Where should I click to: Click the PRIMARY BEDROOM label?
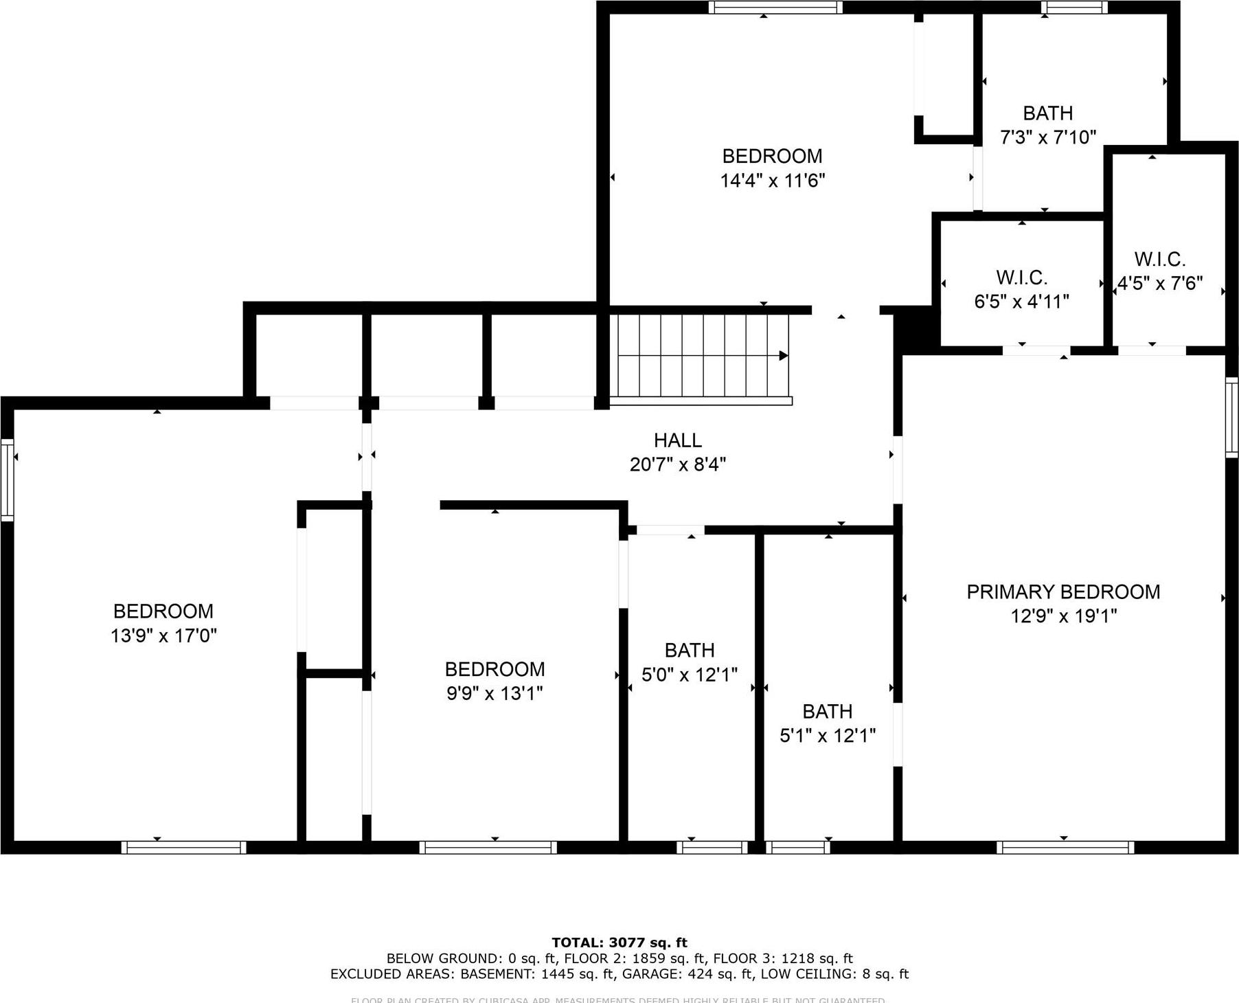coord(1062,591)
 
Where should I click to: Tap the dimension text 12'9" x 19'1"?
coord(1062,616)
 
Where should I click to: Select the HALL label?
coord(677,440)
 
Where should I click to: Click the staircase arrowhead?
coord(783,356)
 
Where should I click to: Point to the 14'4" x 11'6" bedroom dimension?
coord(772,181)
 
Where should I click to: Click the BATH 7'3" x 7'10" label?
coord(1047,113)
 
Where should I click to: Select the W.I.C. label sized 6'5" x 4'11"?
coord(1021,278)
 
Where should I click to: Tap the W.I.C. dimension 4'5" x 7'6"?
coord(1159,283)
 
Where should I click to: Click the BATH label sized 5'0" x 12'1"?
coord(690,650)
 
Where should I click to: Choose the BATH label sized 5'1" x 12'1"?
coord(827,711)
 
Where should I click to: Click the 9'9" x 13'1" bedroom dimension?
coord(495,693)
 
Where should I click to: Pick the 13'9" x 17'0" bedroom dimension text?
coord(163,635)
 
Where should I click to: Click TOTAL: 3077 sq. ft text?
coord(619,943)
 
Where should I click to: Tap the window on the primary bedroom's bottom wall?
coord(1065,847)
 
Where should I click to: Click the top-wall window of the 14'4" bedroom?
coord(775,8)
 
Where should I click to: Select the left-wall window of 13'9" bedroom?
coord(7,480)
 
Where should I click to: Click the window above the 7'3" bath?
coord(1074,8)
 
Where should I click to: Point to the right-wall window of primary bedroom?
coord(1232,417)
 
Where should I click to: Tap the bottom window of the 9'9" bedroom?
coord(488,847)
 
